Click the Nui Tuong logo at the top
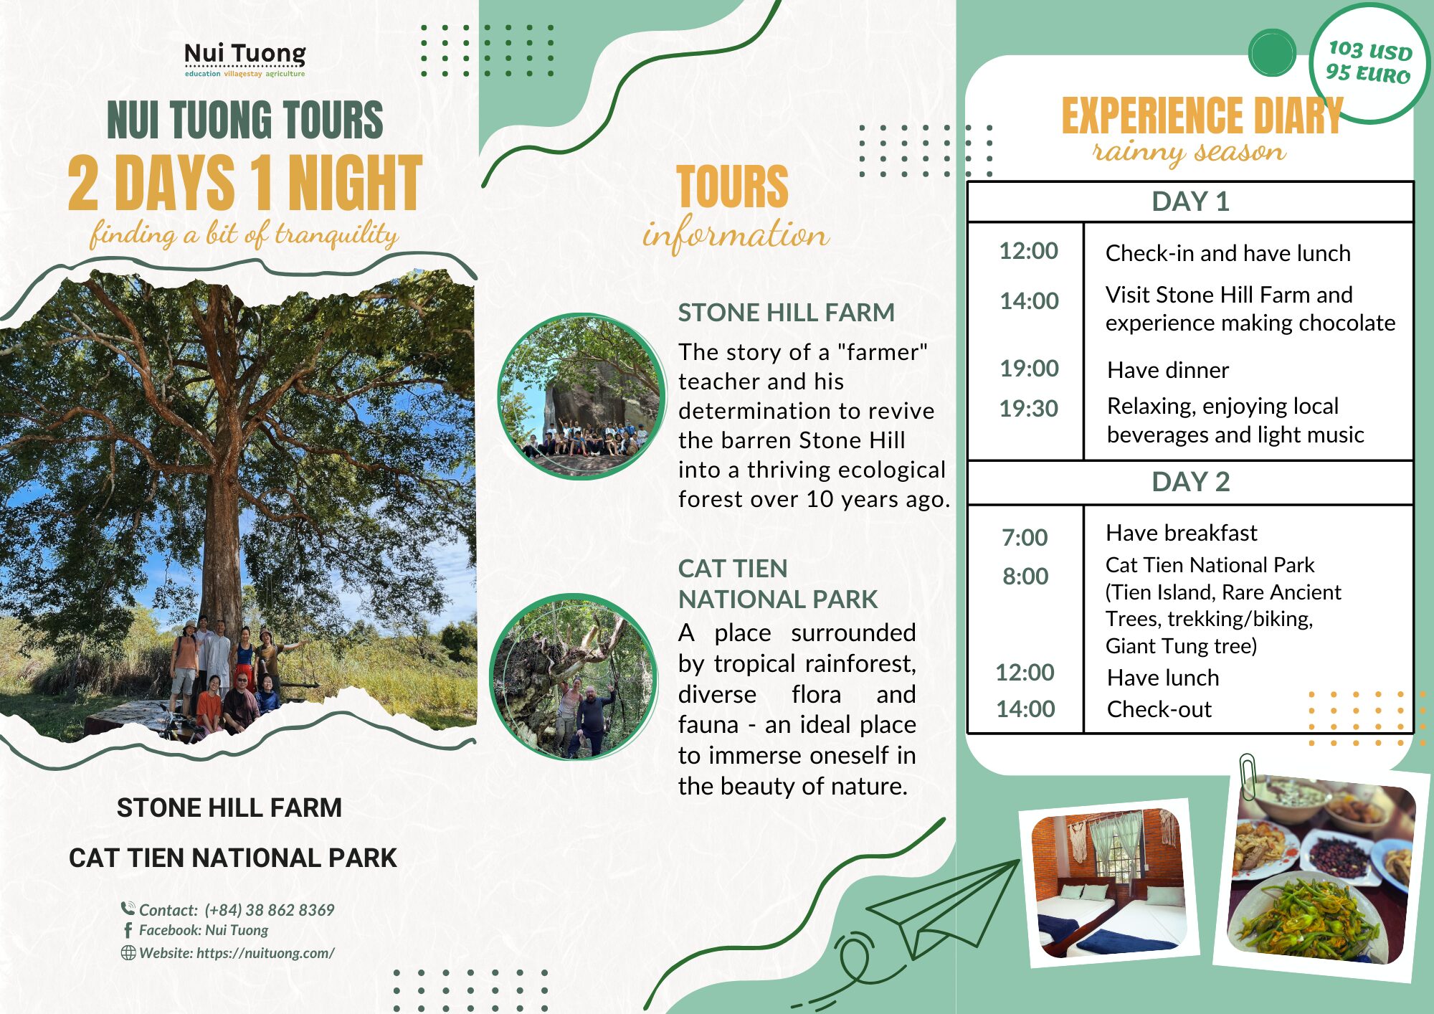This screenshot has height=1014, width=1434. tap(244, 58)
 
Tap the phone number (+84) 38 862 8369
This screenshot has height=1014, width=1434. tap(270, 910)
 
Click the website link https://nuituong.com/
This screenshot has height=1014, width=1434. tap(265, 953)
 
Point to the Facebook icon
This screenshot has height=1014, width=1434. tap(128, 930)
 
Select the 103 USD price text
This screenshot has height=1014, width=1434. tap(1369, 50)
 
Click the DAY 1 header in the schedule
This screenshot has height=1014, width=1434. tap(1190, 202)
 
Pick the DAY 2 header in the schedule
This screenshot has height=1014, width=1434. tap(1190, 482)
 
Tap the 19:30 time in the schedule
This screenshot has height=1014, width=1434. tap(1028, 409)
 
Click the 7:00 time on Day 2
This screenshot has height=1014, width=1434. tap(1025, 537)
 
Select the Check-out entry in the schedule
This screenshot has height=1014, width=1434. tap(1159, 709)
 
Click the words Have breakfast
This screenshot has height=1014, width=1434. tap(1181, 533)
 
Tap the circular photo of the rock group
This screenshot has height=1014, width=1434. tap(581, 397)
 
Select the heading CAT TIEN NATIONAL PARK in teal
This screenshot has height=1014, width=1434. tap(777, 584)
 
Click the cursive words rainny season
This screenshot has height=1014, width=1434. tap(1189, 153)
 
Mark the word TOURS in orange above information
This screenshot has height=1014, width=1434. tap(731, 186)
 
